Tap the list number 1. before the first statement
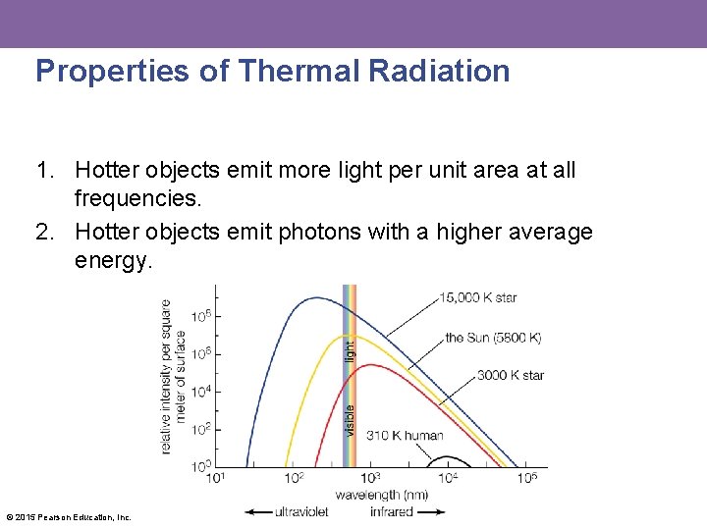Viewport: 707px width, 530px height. (45, 171)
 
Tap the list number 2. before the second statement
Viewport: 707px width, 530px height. (45, 232)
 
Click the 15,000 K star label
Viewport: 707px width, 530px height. (478, 297)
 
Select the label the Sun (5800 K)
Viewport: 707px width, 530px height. (493, 338)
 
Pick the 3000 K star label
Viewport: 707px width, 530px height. (511, 375)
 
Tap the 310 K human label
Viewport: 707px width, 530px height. (404, 435)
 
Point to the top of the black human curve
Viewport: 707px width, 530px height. (447, 456)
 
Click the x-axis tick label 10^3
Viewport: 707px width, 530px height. (370, 478)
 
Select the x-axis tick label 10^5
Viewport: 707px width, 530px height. (526, 478)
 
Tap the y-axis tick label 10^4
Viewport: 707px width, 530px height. (200, 392)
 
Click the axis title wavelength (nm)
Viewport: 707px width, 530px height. (381, 495)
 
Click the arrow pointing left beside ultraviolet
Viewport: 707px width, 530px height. (258, 511)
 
